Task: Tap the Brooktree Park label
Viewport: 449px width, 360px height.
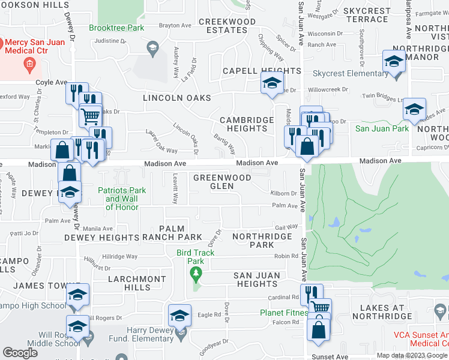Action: [116, 28]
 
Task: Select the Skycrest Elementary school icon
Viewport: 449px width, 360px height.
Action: [394, 62]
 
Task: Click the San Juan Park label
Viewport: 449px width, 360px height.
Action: [382, 128]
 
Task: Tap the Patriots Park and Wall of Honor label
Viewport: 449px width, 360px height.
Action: [122, 199]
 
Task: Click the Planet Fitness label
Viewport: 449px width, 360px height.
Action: [283, 313]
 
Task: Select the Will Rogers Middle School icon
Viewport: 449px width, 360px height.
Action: [77, 327]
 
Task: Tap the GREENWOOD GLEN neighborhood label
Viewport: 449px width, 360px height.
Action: [221, 182]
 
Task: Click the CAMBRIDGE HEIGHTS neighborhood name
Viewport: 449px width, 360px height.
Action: [246, 124]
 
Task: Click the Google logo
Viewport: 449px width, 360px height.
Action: [20, 353]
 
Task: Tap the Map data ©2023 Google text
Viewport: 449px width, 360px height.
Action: [412, 355]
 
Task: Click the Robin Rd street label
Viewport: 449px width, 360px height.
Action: [286, 256]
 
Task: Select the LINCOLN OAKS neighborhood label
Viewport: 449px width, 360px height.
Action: [176, 98]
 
